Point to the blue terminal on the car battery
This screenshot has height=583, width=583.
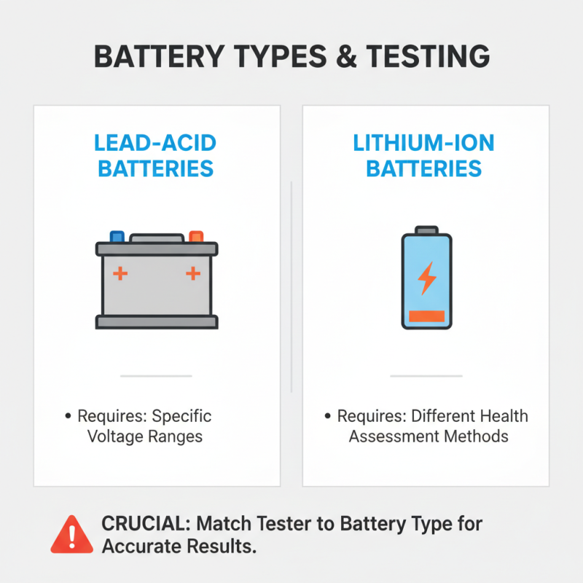click(x=117, y=237)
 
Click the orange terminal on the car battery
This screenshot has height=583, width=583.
click(x=196, y=237)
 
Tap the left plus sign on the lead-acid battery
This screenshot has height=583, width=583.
click(x=120, y=274)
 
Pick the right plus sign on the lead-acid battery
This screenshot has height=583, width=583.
click(x=192, y=274)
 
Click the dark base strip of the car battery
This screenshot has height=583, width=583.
click(x=157, y=321)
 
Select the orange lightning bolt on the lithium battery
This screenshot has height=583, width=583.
click(x=426, y=278)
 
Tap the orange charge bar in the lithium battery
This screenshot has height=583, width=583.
click(x=426, y=316)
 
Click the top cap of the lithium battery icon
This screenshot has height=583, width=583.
click(x=427, y=230)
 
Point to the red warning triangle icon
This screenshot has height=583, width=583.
click(x=72, y=534)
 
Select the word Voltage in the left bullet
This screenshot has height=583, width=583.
click(x=115, y=437)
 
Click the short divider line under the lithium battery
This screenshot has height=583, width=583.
click(x=426, y=376)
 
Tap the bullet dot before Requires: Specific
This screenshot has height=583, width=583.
click(x=68, y=417)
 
